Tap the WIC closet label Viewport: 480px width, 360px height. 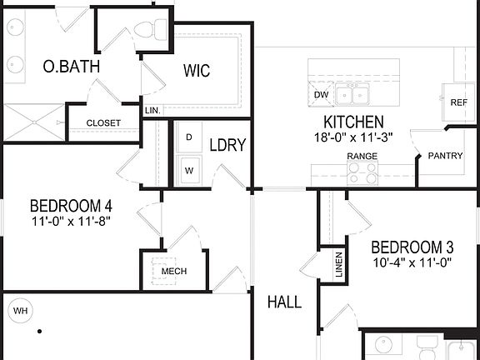coord(197,71)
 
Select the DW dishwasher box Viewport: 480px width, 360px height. coord(321,95)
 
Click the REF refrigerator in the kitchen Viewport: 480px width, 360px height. coord(458,102)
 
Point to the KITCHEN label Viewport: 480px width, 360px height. coord(359,122)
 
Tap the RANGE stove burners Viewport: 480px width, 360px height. coord(362,172)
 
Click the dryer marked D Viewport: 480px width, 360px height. coord(189,137)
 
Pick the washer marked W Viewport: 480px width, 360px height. coord(189,169)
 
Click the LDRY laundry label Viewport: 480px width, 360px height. coord(227,145)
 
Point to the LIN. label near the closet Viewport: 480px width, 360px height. coord(152,110)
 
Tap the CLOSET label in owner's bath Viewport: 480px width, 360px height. coord(103,123)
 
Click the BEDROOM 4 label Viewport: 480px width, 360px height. coord(71,206)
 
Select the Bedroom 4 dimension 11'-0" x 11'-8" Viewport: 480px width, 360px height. coord(71,222)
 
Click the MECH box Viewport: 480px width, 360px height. coord(173,271)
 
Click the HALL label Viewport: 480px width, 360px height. coord(284,302)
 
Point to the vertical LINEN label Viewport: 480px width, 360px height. coord(339,264)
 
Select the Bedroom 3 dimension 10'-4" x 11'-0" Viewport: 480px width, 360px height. coord(412,263)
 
